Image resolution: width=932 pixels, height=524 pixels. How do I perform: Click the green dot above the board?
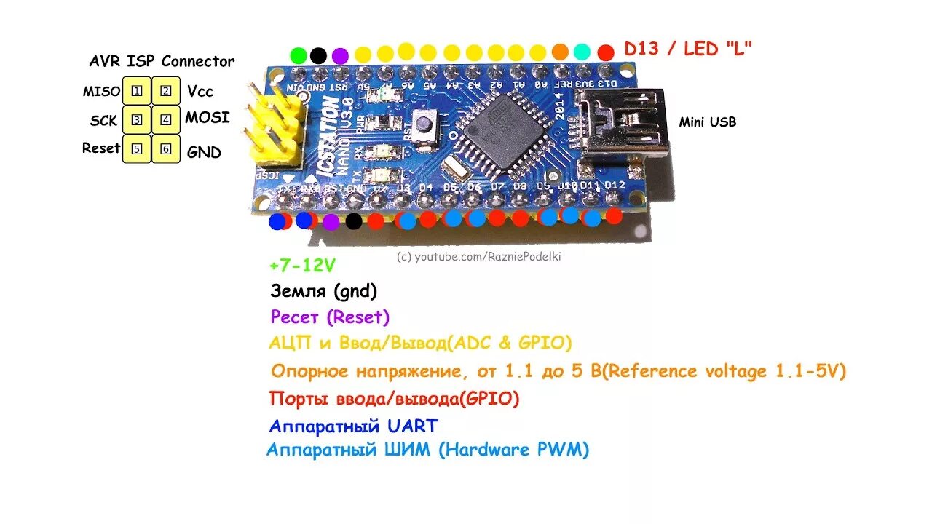tap(298, 55)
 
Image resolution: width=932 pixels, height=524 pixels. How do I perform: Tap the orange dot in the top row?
tap(560, 52)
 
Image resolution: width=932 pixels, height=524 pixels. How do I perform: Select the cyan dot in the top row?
tap(582, 52)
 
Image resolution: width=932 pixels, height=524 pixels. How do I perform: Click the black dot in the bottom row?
tap(354, 221)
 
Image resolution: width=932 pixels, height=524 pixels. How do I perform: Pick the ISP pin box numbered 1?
tap(136, 91)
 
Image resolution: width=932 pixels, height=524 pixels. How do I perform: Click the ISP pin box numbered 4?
tap(166, 120)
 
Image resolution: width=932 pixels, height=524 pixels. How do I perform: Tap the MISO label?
tap(101, 92)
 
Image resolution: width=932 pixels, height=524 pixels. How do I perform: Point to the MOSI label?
tap(208, 117)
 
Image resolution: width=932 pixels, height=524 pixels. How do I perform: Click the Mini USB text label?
tap(707, 122)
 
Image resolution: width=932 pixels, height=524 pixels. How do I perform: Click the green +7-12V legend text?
tap(302, 264)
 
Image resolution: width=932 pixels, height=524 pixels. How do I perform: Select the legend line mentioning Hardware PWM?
tap(427, 450)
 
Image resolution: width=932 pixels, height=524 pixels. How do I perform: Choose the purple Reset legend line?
tap(330, 317)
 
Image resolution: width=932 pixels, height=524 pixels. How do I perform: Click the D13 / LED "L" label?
tap(688, 49)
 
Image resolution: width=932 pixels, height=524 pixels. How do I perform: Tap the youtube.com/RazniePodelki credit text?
tap(479, 256)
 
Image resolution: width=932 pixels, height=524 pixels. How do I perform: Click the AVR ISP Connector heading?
tap(162, 61)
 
